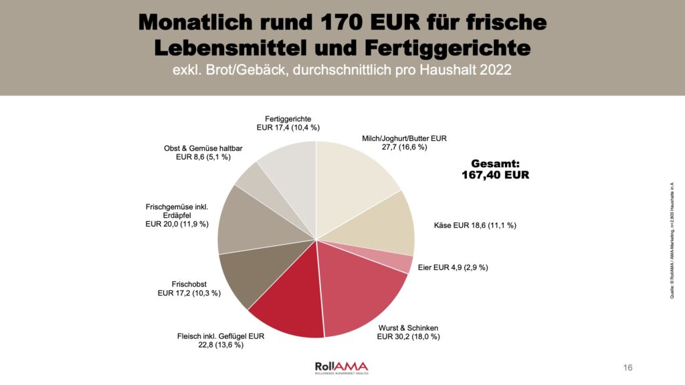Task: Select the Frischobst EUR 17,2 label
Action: click(189, 289)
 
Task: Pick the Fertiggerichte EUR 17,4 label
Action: click(288, 123)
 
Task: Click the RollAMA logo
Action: click(341, 367)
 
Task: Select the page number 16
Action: click(627, 368)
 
